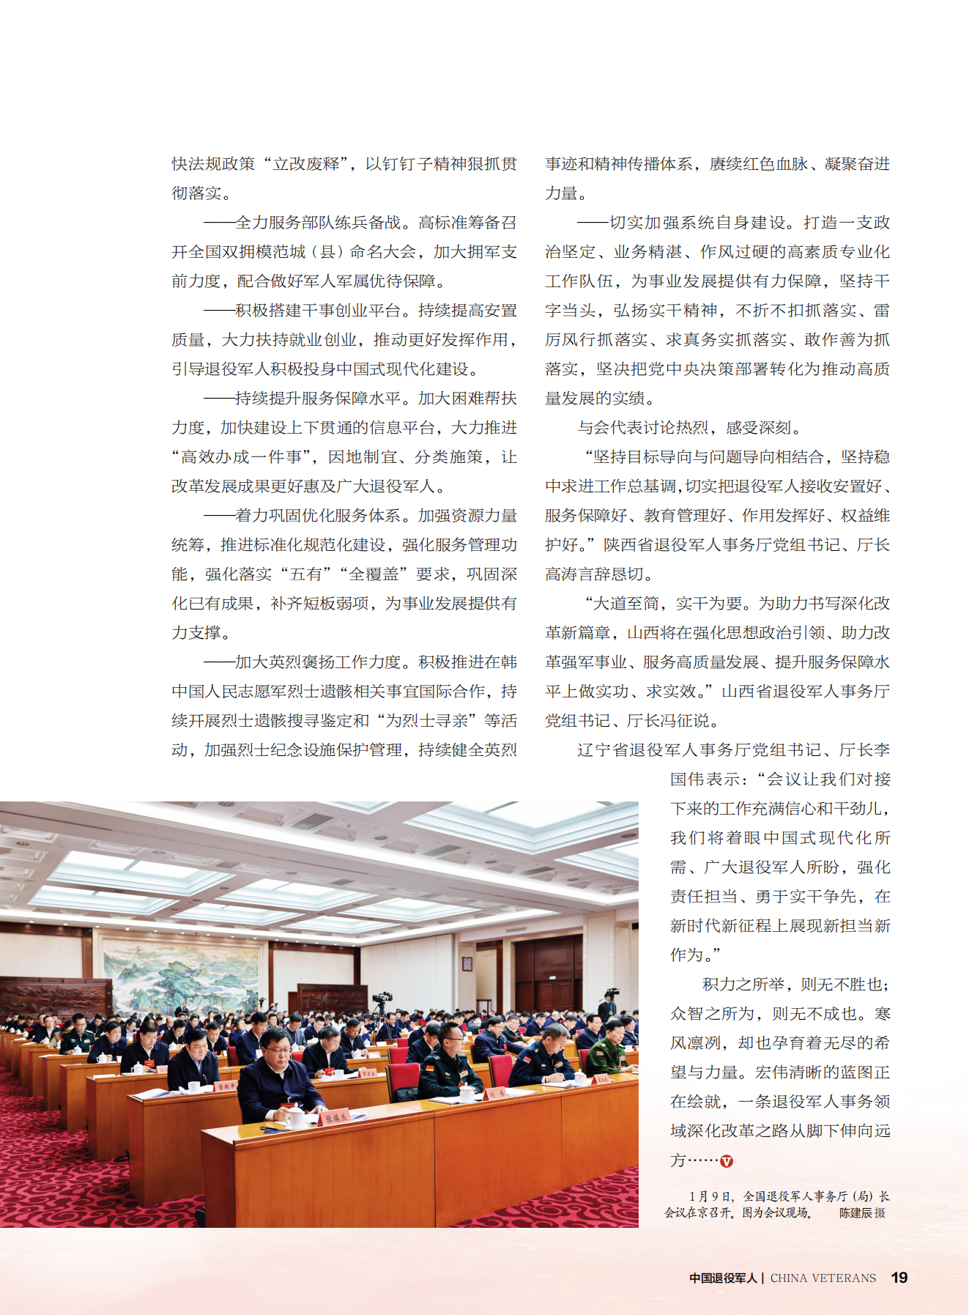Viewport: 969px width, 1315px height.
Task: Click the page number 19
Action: click(899, 1278)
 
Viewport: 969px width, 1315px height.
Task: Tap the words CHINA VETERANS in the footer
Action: click(823, 1278)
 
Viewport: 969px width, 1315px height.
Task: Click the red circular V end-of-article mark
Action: click(727, 1161)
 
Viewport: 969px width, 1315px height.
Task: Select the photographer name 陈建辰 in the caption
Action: click(855, 1212)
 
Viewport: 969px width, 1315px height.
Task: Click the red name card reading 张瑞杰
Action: click(337, 1118)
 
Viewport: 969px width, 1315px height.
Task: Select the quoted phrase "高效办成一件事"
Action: click(242, 457)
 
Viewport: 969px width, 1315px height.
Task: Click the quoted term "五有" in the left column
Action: click(305, 574)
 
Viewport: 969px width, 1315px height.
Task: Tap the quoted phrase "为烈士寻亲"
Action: click(428, 721)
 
